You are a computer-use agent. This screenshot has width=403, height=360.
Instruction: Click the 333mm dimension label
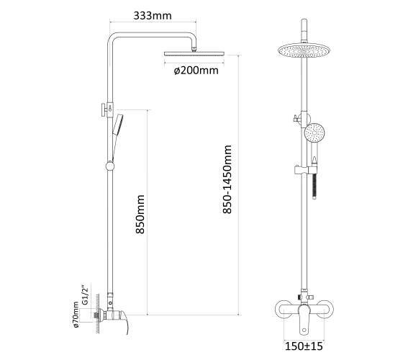pos(153,16)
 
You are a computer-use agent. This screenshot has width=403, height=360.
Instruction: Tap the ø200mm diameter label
pos(196,71)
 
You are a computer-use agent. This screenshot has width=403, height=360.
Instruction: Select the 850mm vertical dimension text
pos(140,215)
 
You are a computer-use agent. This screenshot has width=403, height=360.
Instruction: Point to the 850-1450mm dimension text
pos(227,179)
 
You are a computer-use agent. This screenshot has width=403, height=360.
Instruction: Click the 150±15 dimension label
pos(304,346)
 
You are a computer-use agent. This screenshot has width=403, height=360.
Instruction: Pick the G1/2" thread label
pos(85,294)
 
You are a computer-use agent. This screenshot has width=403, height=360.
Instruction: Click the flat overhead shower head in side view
pos(194,53)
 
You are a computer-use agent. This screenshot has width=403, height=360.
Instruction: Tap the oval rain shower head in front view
pos(304,50)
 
